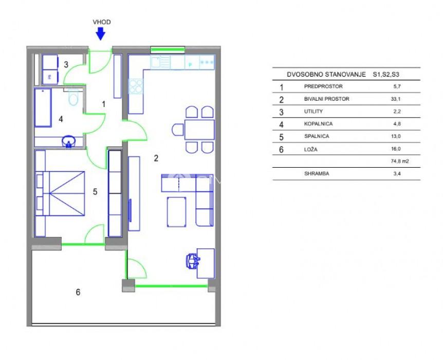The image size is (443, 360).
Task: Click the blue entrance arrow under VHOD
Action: click(x=101, y=33)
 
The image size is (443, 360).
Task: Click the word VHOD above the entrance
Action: click(x=102, y=22)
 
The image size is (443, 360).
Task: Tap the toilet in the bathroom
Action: click(x=73, y=97)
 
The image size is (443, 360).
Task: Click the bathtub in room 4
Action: click(x=43, y=108)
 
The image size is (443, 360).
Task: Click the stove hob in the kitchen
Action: click(x=136, y=86)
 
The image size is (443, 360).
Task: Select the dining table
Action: click(x=199, y=130)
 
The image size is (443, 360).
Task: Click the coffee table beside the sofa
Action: click(x=177, y=212)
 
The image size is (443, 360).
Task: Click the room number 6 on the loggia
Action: click(x=78, y=292)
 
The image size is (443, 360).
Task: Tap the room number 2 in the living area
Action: click(x=156, y=158)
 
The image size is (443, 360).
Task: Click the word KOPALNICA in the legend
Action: click(x=318, y=124)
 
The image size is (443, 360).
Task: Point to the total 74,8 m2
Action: click(x=400, y=161)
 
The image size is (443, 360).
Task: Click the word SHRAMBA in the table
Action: click(x=317, y=174)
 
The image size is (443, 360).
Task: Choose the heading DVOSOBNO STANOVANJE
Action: click(x=326, y=75)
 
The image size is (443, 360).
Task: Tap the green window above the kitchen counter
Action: click(x=168, y=50)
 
